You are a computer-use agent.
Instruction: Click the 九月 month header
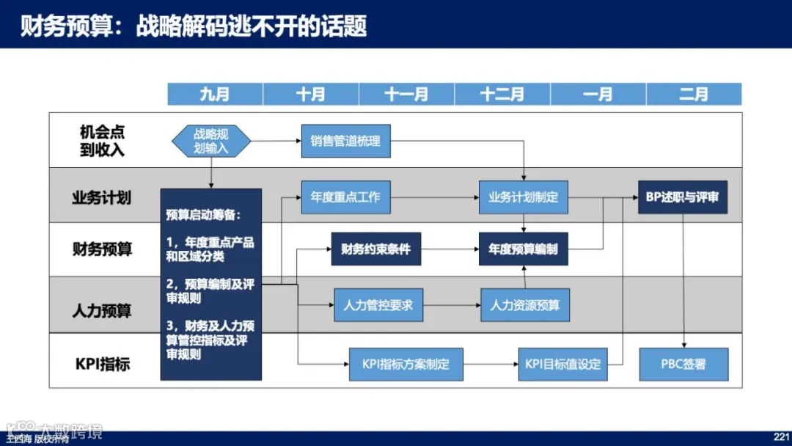215,95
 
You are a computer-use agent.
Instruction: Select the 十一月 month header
406,95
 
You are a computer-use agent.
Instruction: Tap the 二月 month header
694,95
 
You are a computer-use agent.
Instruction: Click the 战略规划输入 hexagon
211,141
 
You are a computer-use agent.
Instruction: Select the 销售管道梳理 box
345,141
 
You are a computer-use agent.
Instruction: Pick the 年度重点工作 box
345,197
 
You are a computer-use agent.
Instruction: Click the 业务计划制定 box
524,197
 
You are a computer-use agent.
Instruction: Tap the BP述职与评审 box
683,197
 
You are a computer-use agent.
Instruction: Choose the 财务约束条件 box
376,249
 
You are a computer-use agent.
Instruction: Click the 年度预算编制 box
524,249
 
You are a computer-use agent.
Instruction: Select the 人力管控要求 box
378,305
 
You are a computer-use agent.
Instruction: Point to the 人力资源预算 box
525,305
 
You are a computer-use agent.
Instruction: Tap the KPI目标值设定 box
563,364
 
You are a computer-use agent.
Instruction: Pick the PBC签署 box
683,364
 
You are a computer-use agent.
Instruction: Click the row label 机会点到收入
102,141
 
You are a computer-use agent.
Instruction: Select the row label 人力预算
102,310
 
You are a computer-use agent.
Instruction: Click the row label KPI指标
103,364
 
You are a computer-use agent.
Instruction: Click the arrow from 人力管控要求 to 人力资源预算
452,305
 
